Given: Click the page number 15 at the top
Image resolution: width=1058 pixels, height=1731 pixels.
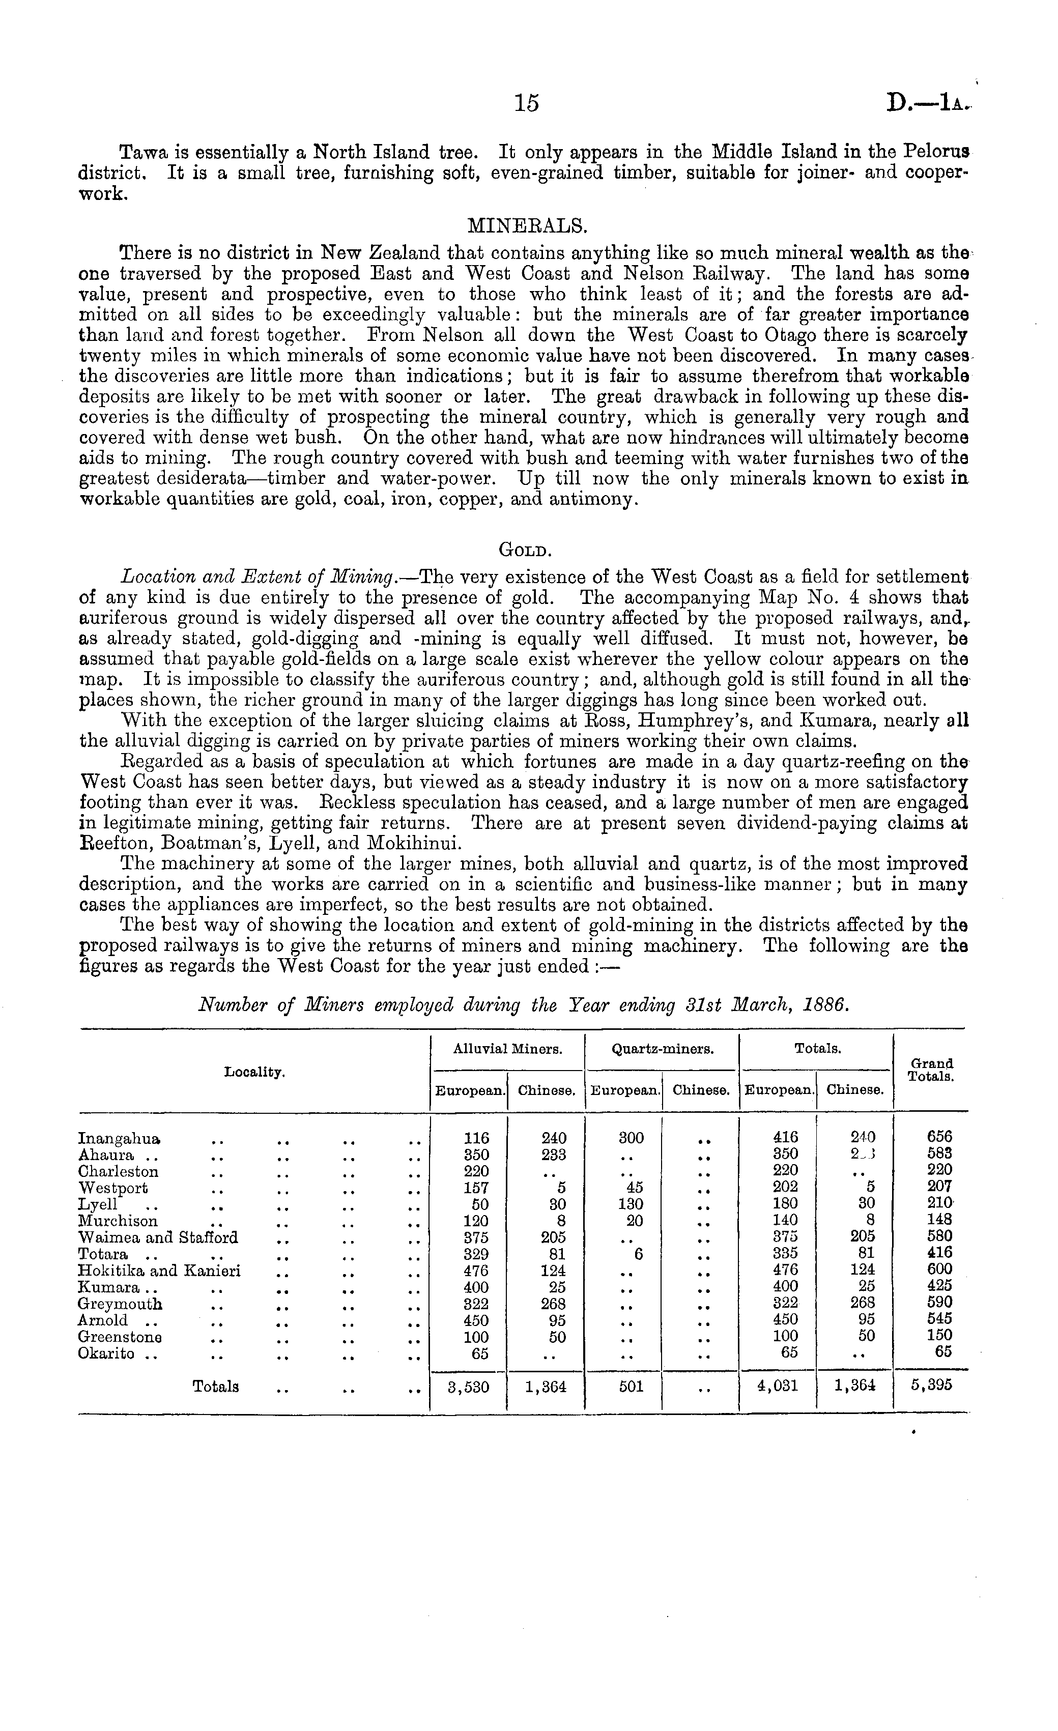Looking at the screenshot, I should [x=526, y=103].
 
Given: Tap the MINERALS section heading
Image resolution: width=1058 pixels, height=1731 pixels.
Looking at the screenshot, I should [x=527, y=225].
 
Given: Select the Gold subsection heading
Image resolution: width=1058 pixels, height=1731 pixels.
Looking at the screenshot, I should [x=527, y=550].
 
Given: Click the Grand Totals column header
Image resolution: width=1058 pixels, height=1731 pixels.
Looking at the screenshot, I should [x=930, y=1070].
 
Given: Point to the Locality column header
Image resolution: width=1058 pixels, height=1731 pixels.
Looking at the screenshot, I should [x=254, y=1072].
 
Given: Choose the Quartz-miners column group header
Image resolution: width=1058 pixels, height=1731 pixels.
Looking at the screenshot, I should [x=663, y=1050].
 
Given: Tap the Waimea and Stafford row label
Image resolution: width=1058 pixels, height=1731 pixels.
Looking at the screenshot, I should [x=158, y=1237].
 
